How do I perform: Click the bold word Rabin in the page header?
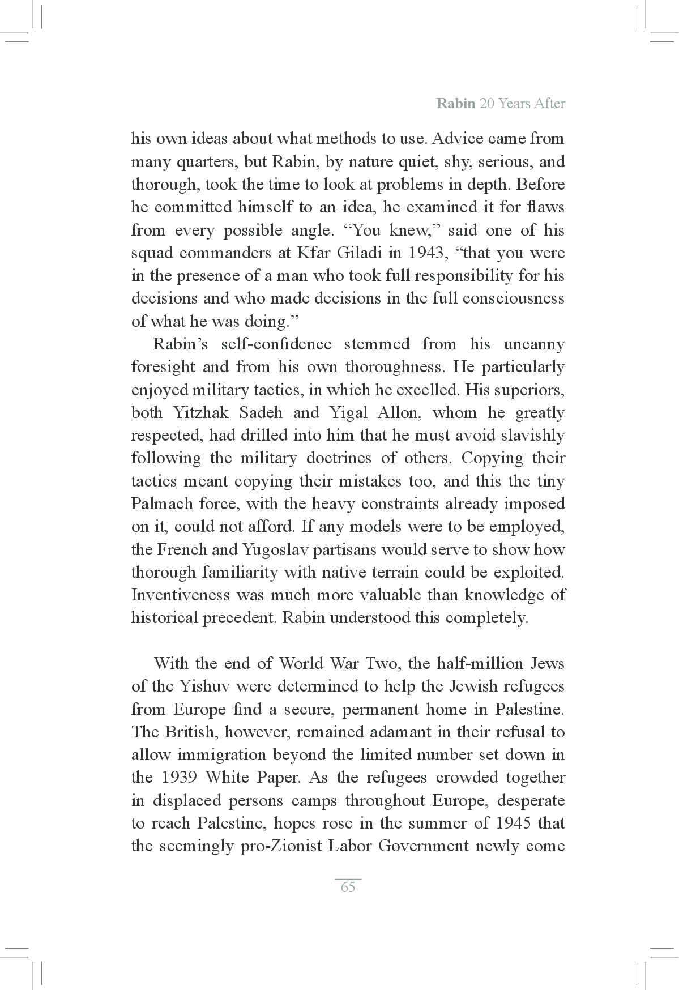(x=456, y=104)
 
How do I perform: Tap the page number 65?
(x=348, y=887)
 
